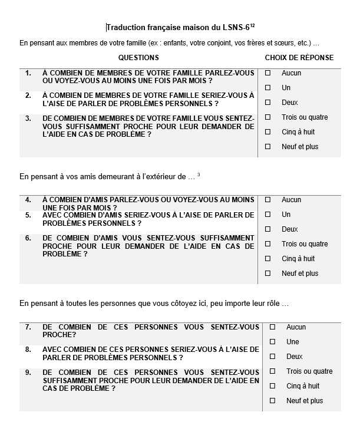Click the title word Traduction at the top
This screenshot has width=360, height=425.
pos(126,28)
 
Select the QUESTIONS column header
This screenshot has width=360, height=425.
pos(138,58)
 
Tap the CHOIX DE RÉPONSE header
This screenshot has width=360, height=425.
pos(299,58)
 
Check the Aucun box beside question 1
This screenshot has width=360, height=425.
pos(267,73)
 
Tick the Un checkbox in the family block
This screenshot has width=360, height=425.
pos(267,88)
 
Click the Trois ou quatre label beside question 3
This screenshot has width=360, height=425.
pos(305,117)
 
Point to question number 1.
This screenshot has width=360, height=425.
pos(28,73)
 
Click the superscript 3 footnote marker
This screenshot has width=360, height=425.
pos(199,174)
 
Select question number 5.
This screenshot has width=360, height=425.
pos(28,215)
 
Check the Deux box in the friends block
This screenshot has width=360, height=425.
pos(267,229)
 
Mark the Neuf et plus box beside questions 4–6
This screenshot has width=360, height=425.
pos(267,274)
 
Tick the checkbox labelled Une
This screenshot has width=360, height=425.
pos(272,342)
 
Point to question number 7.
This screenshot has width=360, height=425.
pos(28,327)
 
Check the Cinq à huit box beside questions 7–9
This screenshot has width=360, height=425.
pos(272,386)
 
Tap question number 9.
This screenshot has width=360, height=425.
pos(28,372)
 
